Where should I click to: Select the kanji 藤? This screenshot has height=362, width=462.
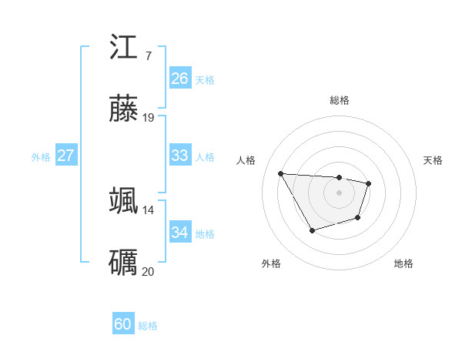[124, 109]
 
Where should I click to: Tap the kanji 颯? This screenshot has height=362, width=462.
[124, 200]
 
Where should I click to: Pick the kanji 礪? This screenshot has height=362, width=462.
[124, 262]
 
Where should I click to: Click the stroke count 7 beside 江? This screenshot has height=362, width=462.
[148, 55]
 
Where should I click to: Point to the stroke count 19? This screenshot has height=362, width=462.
[149, 118]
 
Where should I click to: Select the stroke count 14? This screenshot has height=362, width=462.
[149, 209]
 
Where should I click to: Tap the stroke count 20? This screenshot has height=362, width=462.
[149, 271]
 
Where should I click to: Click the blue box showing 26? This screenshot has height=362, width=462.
[179, 79]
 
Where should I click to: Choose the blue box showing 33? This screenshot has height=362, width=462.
[179, 156]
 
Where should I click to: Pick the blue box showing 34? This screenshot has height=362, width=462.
[179, 233]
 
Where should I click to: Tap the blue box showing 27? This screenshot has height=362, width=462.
[65, 156]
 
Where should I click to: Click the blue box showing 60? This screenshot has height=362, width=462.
[122, 324]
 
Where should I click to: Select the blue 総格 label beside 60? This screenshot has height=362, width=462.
[149, 326]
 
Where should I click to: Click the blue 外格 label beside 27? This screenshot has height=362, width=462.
[41, 156]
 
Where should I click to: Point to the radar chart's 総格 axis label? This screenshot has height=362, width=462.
[340, 100]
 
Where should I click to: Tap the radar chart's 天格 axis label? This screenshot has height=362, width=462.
[434, 160]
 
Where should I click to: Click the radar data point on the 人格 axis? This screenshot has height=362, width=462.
[281, 173]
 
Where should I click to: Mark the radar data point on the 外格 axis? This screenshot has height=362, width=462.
[312, 230]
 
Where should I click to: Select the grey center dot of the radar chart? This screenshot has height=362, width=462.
[340, 193]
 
